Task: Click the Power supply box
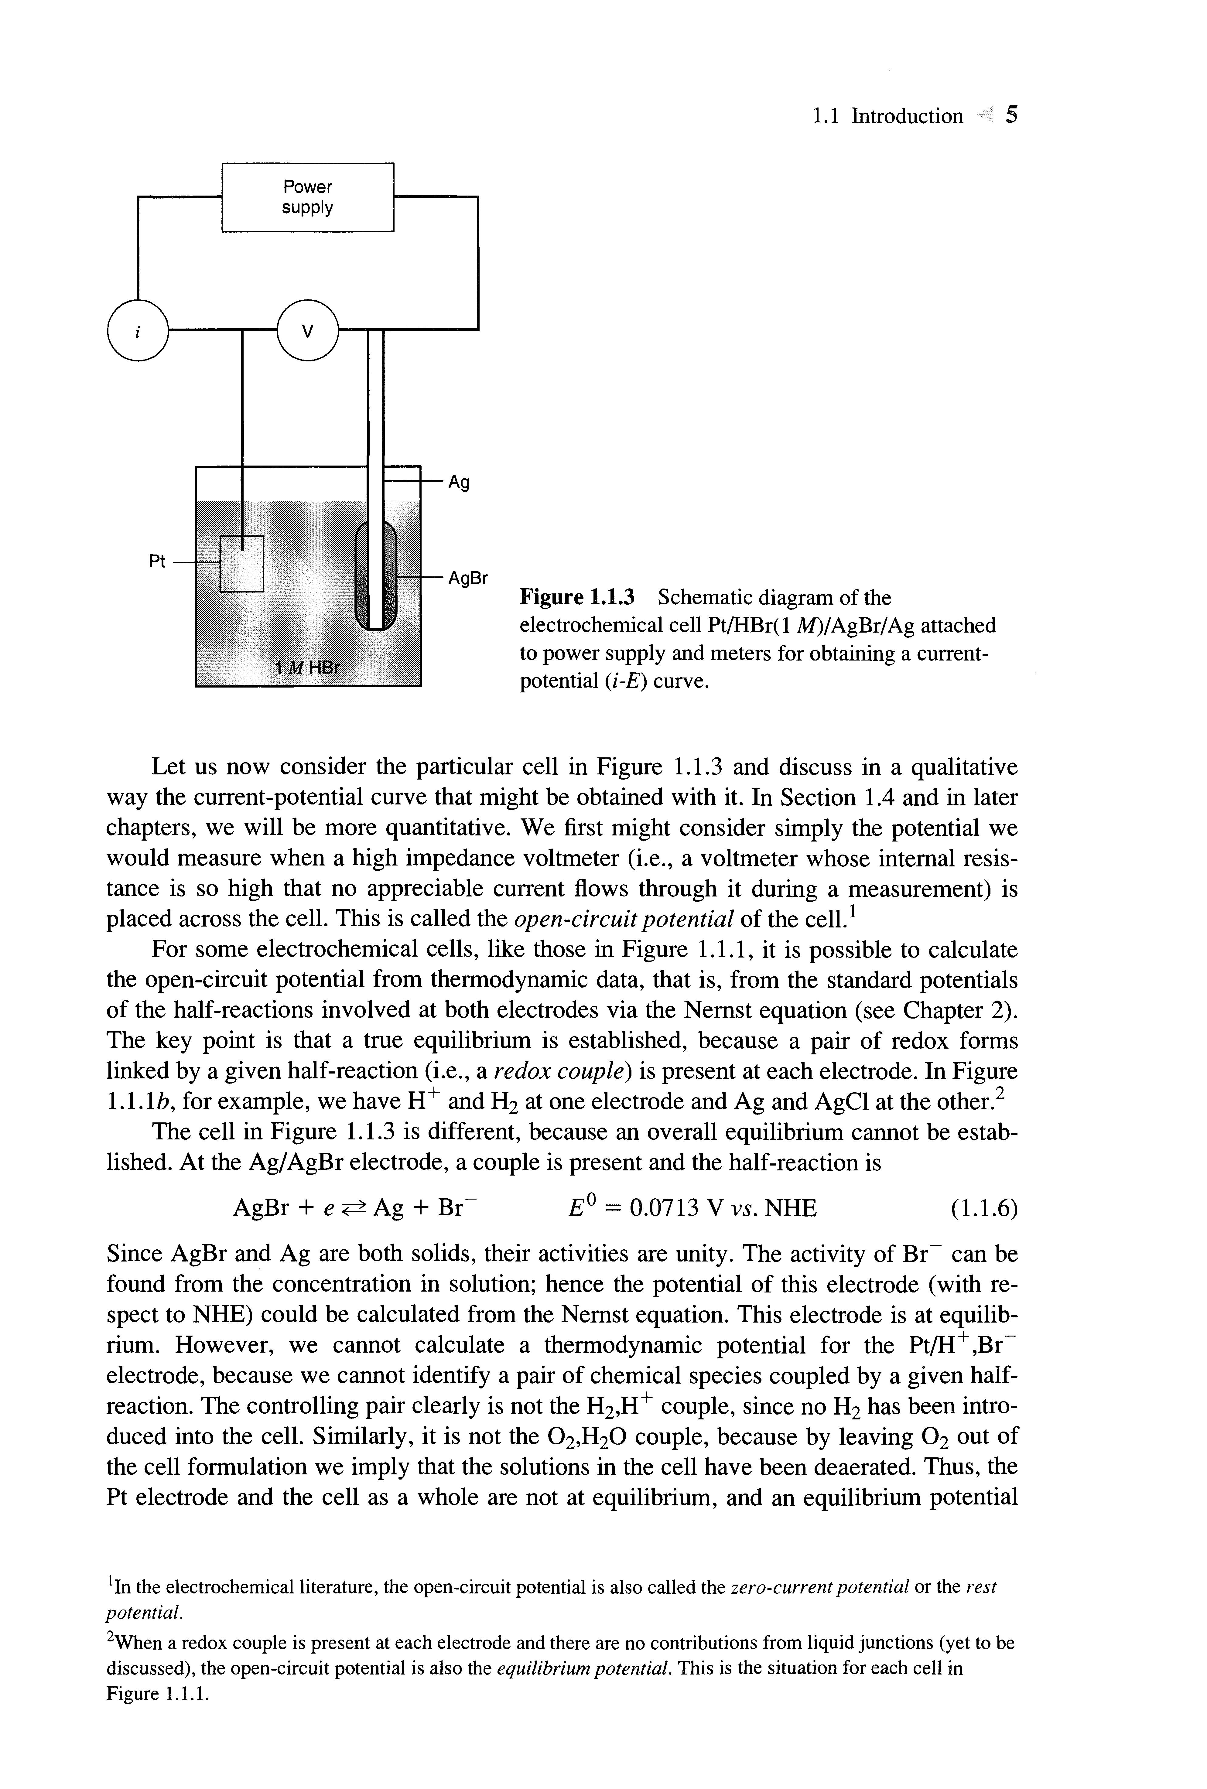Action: (x=307, y=197)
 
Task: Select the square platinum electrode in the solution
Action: (x=242, y=563)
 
